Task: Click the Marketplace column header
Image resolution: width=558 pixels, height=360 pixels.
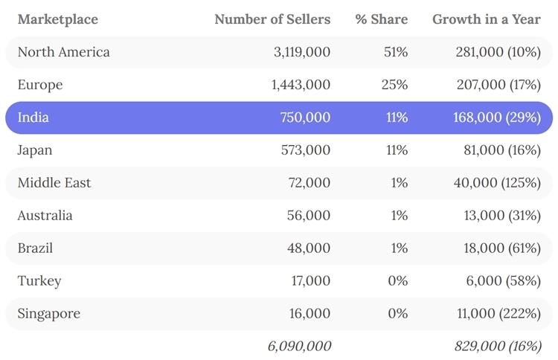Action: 57,19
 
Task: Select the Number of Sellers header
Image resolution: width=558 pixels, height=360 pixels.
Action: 272,19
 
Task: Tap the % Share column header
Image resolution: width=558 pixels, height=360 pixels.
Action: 381,19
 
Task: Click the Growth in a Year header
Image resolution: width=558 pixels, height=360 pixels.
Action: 487,19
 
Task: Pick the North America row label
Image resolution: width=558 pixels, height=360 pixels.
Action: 63,52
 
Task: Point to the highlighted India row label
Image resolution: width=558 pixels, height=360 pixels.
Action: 33,118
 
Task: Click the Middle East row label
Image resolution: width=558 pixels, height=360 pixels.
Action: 54,183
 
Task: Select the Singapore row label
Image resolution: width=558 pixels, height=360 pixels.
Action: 48,314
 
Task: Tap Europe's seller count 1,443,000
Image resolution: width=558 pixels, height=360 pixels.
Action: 301,85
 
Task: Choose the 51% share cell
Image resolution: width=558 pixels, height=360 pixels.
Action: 395,52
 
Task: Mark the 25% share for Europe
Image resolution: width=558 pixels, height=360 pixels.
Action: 394,85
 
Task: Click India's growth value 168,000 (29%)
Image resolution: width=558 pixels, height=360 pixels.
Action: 496,118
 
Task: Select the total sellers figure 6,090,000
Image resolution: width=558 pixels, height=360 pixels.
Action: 299,346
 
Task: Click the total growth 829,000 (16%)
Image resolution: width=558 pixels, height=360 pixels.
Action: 497,346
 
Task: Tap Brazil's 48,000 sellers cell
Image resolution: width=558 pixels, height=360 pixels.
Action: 309,248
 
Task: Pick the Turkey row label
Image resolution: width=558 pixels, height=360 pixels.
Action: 39,281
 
